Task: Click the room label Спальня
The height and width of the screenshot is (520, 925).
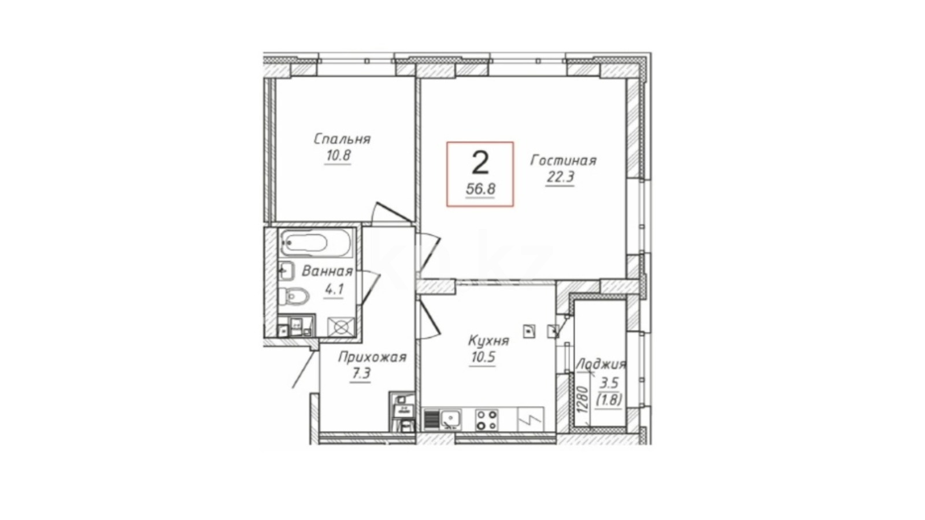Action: click(342, 139)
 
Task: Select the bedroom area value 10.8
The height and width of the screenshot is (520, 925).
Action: click(338, 155)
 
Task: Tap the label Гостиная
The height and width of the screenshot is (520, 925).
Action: click(563, 160)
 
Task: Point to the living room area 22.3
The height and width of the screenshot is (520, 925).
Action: click(560, 177)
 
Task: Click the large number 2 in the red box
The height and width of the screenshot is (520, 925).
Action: click(480, 162)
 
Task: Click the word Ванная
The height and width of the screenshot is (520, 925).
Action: click(327, 271)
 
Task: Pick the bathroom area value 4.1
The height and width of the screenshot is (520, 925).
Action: click(334, 289)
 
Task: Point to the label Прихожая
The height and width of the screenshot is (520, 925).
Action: click(372, 357)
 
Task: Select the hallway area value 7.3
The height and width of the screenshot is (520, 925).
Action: click(360, 374)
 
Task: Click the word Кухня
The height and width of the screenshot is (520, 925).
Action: click(489, 341)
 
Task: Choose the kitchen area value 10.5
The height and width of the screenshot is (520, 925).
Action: click(482, 357)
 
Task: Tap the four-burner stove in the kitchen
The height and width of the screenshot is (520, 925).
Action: click(486, 419)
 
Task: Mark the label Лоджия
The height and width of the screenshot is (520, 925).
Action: click(601, 365)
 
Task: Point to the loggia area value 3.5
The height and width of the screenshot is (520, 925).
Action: click(609, 384)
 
